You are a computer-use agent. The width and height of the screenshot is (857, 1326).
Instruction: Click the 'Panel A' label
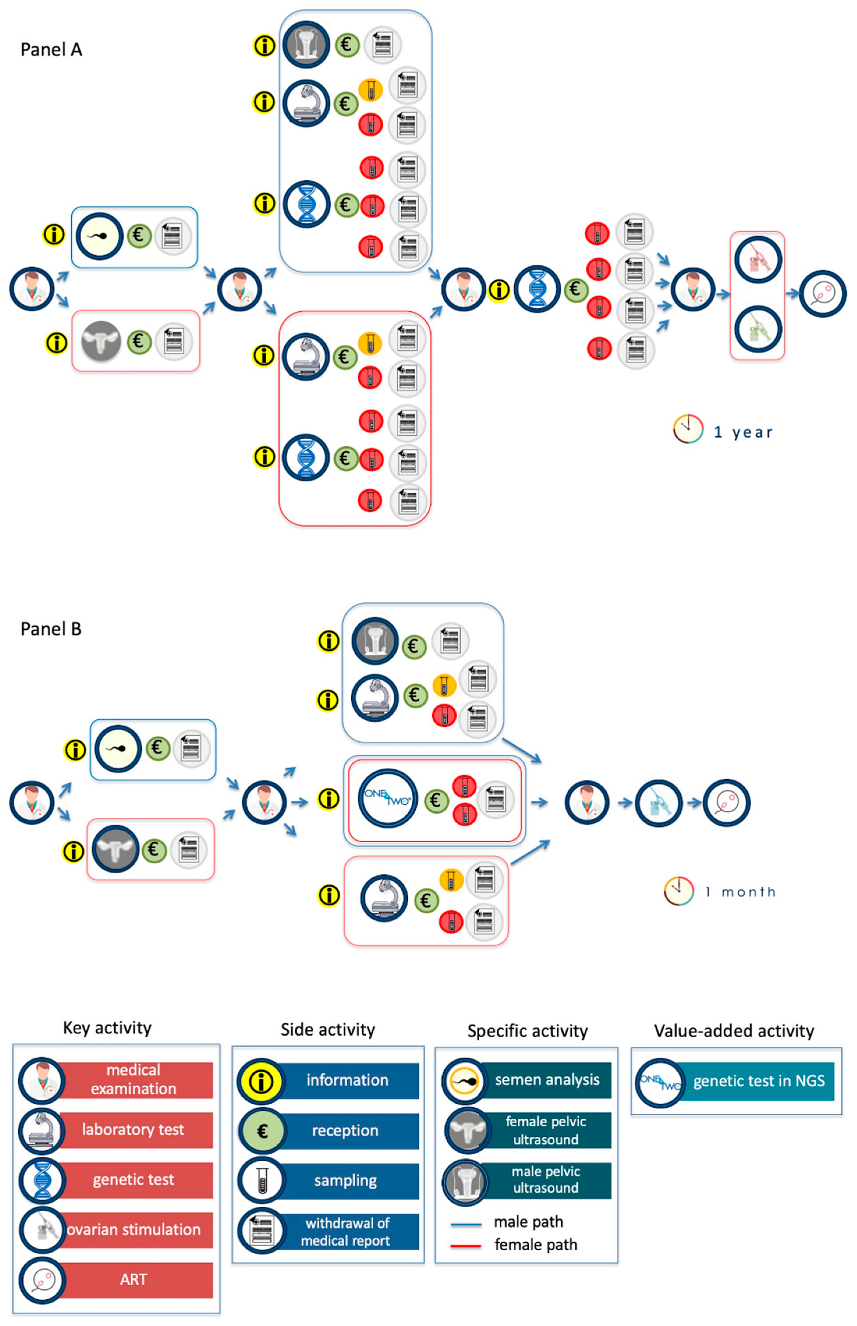[51, 49]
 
